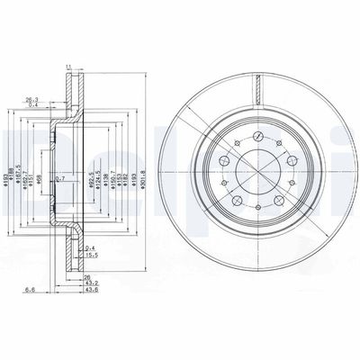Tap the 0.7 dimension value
[59, 180]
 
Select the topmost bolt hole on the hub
[257, 135]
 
